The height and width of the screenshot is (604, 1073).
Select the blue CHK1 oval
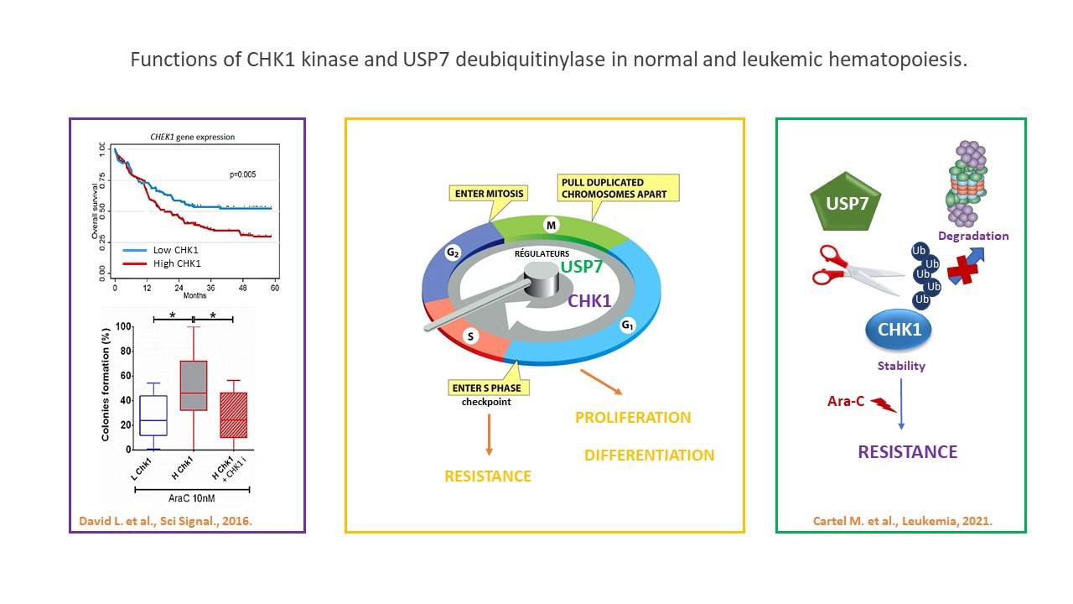pyautogui.click(x=899, y=330)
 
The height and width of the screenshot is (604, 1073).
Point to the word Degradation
pyautogui.click(x=974, y=236)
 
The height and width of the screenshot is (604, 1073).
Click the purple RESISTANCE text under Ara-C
pyautogui.click(x=907, y=452)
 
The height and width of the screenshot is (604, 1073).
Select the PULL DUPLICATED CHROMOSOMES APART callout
pyautogui.click(x=619, y=188)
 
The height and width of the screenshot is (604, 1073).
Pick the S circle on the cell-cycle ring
pyautogui.click(x=472, y=336)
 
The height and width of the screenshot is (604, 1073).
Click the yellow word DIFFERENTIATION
pyautogui.click(x=649, y=456)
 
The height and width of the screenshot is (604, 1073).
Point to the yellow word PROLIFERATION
pyautogui.click(x=633, y=417)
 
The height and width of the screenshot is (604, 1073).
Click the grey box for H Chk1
pyautogui.click(x=194, y=385)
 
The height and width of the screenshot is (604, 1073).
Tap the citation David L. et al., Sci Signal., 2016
pyautogui.click(x=166, y=522)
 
